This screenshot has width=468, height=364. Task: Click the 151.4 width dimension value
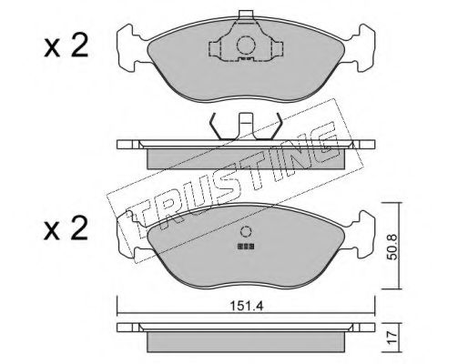[246, 306]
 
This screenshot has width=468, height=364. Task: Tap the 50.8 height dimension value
[393, 246]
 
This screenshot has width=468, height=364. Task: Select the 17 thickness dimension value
[393, 337]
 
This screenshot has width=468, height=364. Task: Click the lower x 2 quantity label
[66, 228]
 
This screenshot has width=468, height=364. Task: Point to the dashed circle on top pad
[246, 45]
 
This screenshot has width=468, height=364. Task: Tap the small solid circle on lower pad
[246, 232]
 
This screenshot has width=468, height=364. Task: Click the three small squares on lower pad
[246, 247]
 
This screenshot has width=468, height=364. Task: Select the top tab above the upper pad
[246, 15]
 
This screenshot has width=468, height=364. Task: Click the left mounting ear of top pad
[130, 47]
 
